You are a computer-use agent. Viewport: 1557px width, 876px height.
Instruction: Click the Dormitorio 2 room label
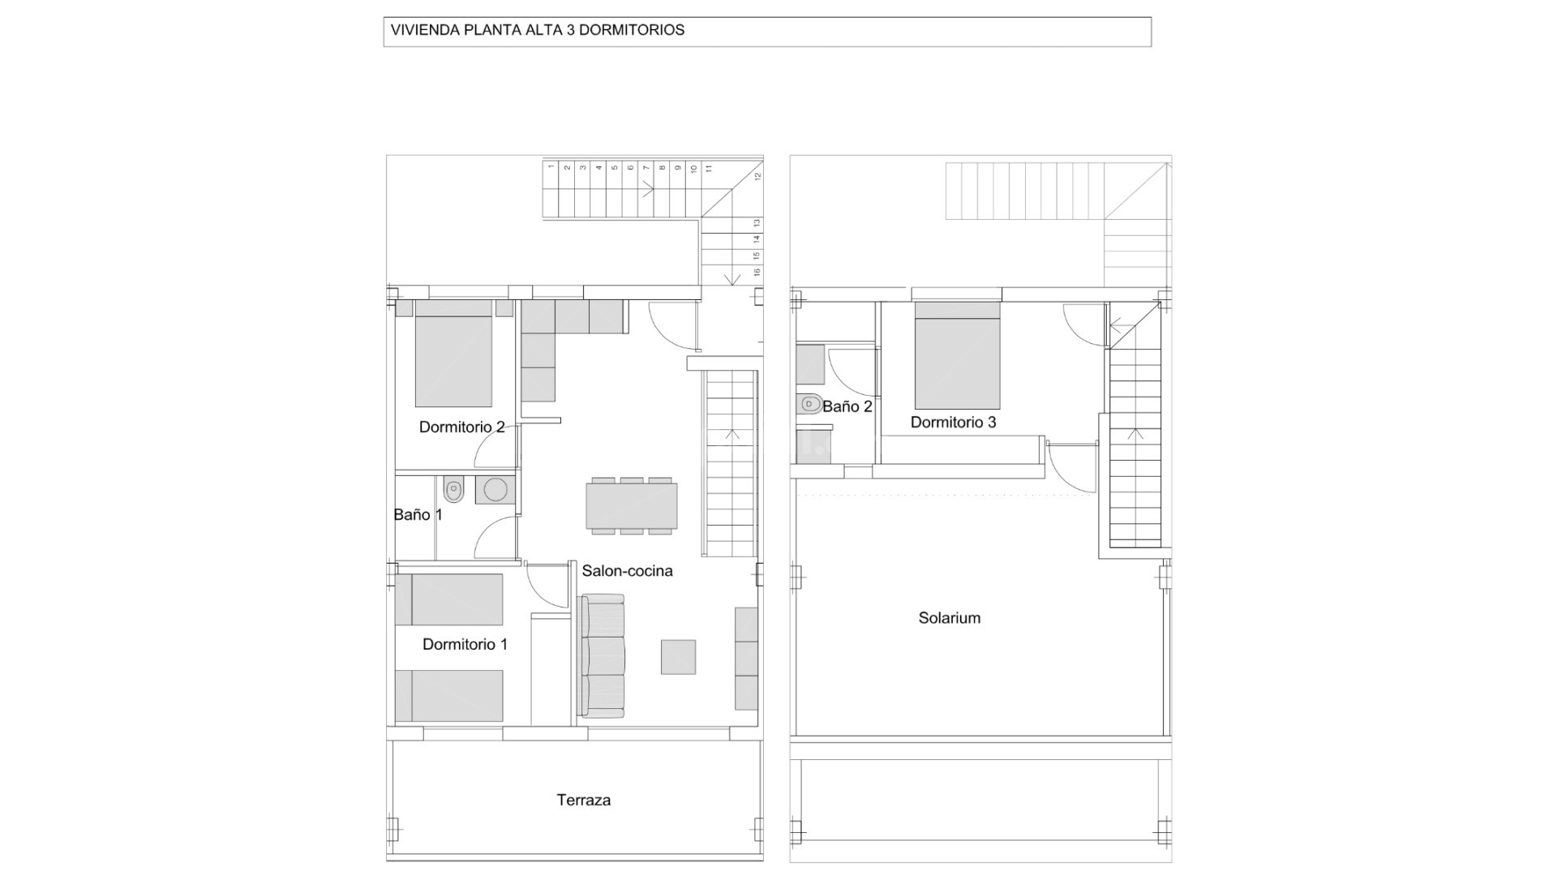tap(461, 427)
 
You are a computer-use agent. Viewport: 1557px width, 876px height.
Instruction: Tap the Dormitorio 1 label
tap(465, 644)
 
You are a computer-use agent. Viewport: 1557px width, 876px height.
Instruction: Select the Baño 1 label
tap(418, 514)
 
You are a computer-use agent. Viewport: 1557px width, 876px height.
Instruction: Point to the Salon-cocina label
tap(627, 571)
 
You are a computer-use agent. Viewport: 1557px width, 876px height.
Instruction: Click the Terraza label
tap(583, 800)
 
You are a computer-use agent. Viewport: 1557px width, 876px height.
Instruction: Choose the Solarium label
tap(949, 618)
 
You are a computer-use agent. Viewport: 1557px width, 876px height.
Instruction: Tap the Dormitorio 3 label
tap(953, 422)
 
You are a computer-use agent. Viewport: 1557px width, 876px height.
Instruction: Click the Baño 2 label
tap(847, 406)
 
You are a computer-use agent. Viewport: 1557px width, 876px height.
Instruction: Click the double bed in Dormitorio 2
tap(453, 354)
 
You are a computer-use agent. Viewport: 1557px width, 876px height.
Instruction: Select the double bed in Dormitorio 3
tap(957, 356)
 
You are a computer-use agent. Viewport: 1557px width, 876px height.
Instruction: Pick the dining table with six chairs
tap(632, 506)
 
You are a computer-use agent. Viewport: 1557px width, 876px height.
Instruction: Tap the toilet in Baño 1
tap(453, 490)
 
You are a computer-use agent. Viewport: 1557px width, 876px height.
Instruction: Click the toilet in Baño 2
tap(809, 403)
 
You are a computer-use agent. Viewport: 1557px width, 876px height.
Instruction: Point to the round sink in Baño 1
tap(495, 490)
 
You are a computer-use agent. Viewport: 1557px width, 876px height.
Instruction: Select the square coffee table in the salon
tap(678, 657)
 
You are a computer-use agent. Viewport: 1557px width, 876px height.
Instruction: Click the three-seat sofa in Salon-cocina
tap(603, 656)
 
